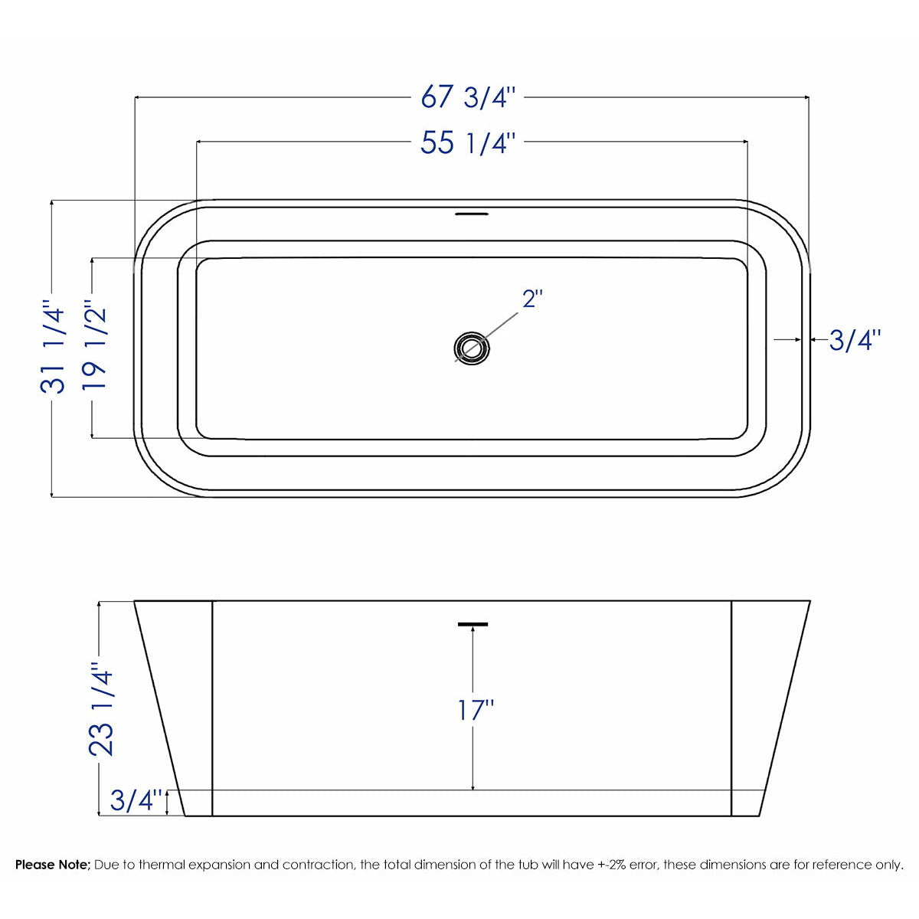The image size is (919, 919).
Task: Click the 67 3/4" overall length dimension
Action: (469, 98)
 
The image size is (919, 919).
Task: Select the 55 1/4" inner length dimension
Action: (469, 142)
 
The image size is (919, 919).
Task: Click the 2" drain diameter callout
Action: (532, 299)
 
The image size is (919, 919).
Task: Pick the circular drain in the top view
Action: (471, 348)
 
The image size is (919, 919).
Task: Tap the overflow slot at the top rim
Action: (471, 214)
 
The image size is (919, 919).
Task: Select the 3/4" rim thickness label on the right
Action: (855, 340)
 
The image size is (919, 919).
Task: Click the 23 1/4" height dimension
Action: (102, 709)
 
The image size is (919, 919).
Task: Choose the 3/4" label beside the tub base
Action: (136, 800)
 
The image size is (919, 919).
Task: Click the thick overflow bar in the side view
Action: (473, 624)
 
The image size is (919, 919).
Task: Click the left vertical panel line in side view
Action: (211, 708)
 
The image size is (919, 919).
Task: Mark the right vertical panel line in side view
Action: (732, 708)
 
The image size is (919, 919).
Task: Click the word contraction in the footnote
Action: (317, 865)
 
